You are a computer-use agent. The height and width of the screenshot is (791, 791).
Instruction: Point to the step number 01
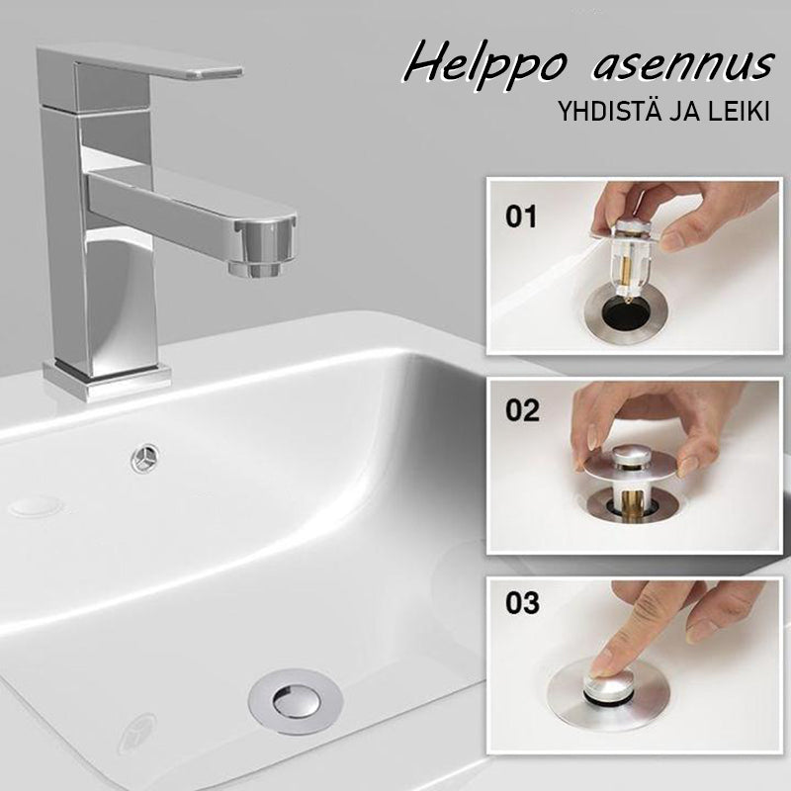[521, 217]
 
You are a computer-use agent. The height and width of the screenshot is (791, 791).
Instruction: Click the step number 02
[522, 410]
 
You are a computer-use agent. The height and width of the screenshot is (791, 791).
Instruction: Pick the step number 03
[522, 603]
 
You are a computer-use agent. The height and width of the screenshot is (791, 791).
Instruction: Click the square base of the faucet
[107, 380]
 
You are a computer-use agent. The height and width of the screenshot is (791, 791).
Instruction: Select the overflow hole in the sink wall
[145, 458]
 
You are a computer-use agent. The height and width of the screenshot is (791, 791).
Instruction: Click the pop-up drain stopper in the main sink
[296, 701]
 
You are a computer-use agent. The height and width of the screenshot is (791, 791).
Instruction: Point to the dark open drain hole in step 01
[627, 313]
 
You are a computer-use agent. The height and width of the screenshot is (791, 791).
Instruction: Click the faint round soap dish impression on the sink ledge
[37, 506]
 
